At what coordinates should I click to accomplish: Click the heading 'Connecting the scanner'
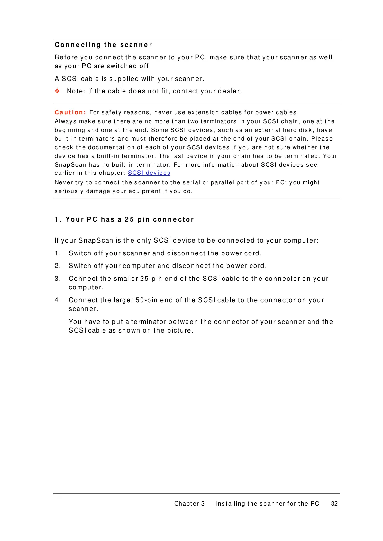click(103, 45)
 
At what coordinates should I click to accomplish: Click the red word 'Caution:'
click(70, 112)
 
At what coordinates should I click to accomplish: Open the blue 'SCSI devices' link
click(149, 173)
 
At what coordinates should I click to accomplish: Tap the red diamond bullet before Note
click(57, 91)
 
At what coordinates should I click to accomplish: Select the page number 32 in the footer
click(334, 504)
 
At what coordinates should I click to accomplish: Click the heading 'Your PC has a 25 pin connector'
click(124, 219)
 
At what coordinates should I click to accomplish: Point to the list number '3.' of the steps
click(58, 279)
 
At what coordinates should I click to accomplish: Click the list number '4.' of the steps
click(58, 300)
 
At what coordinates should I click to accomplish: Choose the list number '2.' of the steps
click(58, 266)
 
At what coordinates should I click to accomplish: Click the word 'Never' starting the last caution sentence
click(64, 182)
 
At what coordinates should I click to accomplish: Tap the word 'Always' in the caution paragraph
click(66, 121)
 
